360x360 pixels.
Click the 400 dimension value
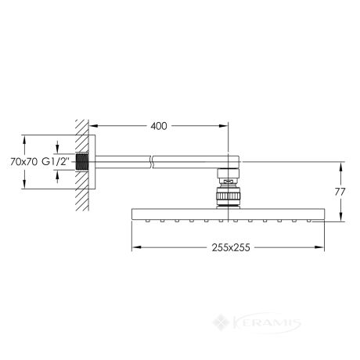[x=159, y=126]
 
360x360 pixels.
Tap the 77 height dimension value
[x=340, y=192]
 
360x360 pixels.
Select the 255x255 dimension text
[x=231, y=247]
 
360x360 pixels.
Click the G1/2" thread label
[x=56, y=162]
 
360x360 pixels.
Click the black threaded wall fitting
[x=83, y=162]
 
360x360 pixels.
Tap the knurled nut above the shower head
[x=228, y=196]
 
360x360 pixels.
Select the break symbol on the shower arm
[x=152, y=162]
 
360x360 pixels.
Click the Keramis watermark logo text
[x=266, y=323]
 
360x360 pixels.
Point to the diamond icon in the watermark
[x=221, y=322]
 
